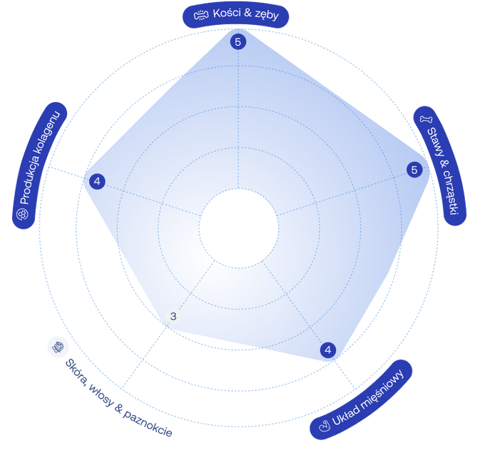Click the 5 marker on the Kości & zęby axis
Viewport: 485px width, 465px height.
pos(238,42)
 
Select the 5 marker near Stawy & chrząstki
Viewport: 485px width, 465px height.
pos(414,170)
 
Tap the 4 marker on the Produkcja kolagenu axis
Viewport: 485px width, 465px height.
pos(97,181)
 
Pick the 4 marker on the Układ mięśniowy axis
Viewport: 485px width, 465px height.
pos(328,350)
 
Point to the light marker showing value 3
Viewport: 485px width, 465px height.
pos(173,316)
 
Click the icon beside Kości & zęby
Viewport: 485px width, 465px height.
pos(201,15)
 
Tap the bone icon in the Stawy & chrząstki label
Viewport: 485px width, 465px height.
pos(426,119)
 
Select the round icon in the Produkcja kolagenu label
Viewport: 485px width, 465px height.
pos(22,214)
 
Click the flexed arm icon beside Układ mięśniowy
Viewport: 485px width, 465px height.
pos(325,426)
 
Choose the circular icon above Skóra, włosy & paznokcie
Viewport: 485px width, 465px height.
pos(58,347)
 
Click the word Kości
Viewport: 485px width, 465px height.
pos(227,14)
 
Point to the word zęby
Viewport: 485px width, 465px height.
pos(267,16)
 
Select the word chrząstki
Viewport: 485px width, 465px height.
pos(451,193)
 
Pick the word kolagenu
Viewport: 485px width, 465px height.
pos(50,133)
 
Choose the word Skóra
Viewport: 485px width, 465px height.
pos(76,372)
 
